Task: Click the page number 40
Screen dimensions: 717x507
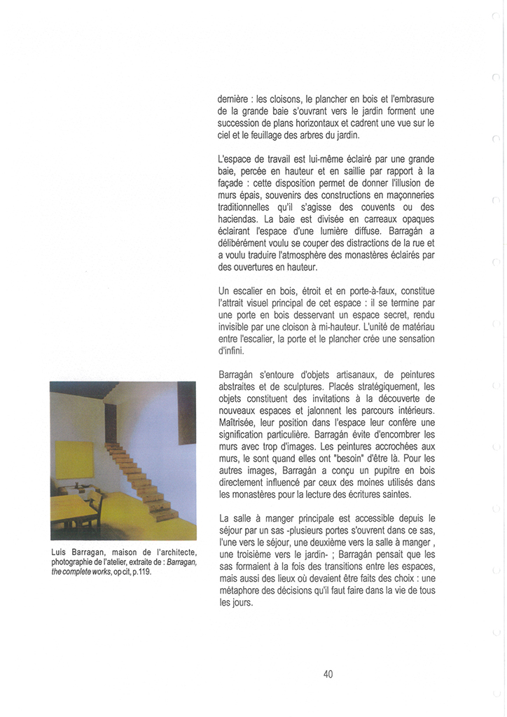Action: pyautogui.click(x=328, y=674)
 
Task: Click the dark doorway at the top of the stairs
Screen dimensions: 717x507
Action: pyautogui.click(x=111, y=424)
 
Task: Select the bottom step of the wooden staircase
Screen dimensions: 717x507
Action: pyautogui.click(x=167, y=517)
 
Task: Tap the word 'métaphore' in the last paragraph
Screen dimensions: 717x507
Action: pyautogui.click(x=242, y=590)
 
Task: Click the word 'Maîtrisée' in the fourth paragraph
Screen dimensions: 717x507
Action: pyautogui.click(x=239, y=422)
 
